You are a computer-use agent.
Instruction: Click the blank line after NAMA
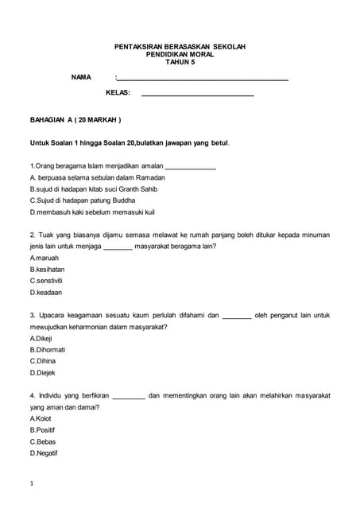click(203, 79)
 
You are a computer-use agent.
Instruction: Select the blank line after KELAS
click(197, 95)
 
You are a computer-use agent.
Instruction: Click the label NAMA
click(81, 77)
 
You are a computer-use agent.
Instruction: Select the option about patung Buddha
click(83, 201)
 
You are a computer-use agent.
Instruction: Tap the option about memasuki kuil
click(91, 213)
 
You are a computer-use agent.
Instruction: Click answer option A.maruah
click(45, 258)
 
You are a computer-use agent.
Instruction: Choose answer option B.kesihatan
click(47, 270)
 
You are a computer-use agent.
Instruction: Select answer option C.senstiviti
click(46, 281)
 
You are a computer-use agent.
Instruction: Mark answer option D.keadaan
click(45, 292)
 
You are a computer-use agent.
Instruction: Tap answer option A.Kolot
click(41, 418)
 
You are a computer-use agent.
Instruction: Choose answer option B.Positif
click(42, 430)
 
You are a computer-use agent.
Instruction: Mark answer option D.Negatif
click(44, 453)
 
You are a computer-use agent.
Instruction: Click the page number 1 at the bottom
click(31, 484)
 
